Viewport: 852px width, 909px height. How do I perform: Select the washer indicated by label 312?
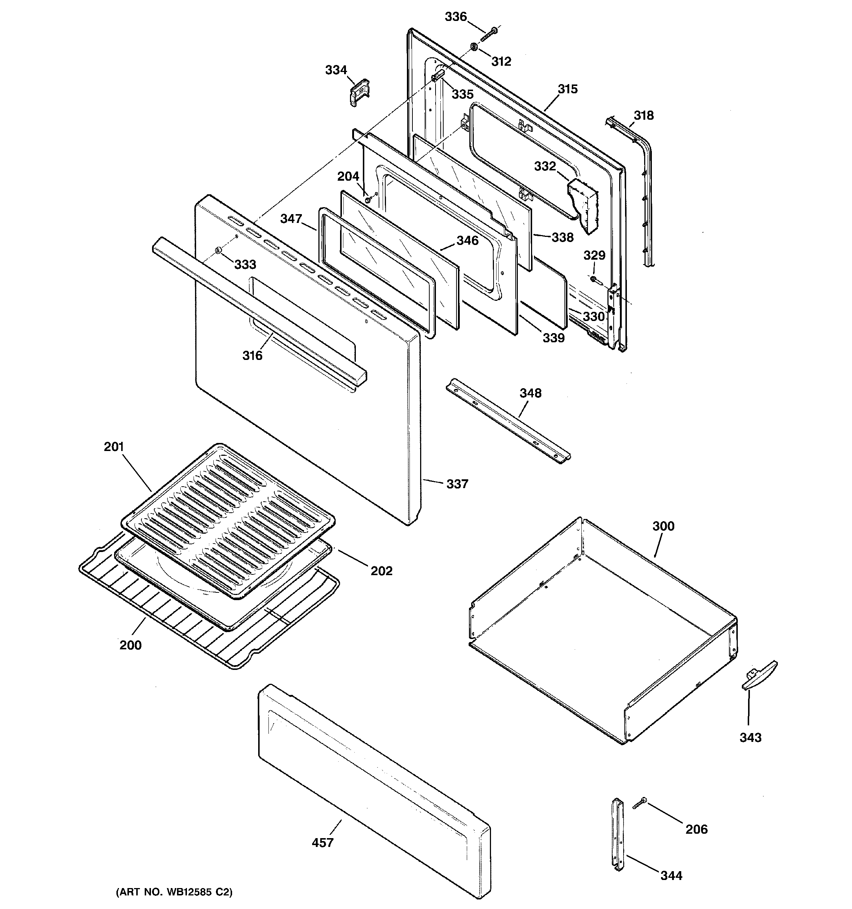click(x=474, y=47)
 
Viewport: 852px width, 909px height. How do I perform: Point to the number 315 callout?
click(x=567, y=89)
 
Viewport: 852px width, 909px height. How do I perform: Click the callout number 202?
click(x=382, y=571)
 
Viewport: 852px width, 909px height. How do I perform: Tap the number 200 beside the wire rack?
click(x=130, y=645)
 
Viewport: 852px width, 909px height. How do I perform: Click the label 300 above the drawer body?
click(x=663, y=526)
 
